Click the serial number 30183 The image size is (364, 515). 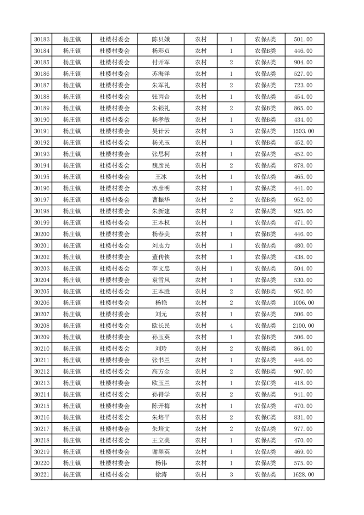[x=42, y=39]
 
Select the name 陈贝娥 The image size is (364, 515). [x=161, y=39]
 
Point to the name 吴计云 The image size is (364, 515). [x=161, y=131]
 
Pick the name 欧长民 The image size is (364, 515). [x=161, y=326]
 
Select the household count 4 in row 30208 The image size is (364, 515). [x=231, y=326]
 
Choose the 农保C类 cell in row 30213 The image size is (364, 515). [x=265, y=383]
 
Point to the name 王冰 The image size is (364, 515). [x=161, y=177]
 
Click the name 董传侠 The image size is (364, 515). [x=161, y=257]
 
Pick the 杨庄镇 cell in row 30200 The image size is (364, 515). [x=72, y=235]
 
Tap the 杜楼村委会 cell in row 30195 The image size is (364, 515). [x=115, y=177]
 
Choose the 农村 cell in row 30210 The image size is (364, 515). [x=201, y=349]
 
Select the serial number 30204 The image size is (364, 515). [x=42, y=280]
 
